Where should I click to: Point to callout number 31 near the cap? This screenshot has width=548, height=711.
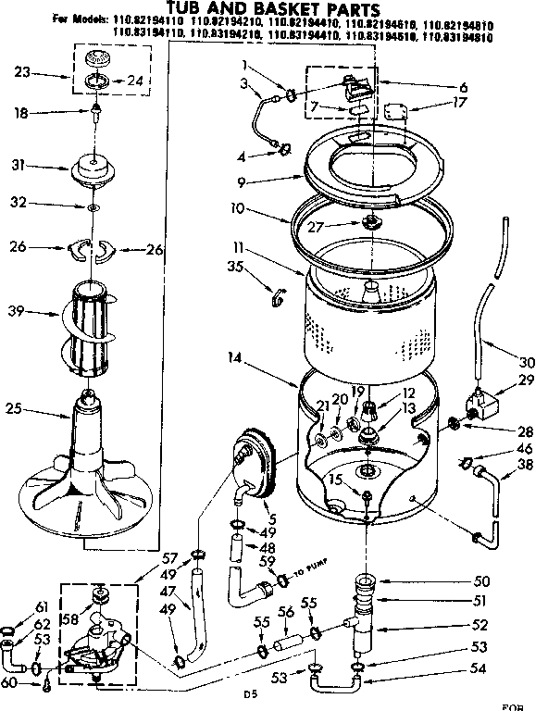pyautogui.click(x=17, y=166)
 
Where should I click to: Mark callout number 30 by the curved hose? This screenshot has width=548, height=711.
pyautogui.click(x=528, y=362)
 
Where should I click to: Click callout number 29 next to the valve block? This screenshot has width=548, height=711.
pyautogui.click(x=528, y=380)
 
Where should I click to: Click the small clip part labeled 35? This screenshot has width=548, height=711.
pyautogui.click(x=275, y=296)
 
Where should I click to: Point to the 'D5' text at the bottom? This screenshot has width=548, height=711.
pyautogui.click(x=248, y=692)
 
